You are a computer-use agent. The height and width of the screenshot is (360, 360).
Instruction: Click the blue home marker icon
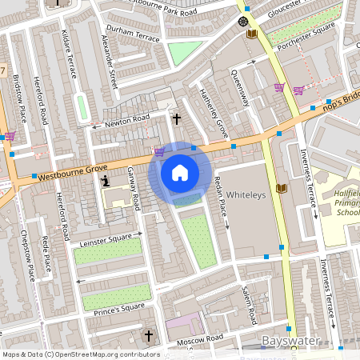(x=180, y=172)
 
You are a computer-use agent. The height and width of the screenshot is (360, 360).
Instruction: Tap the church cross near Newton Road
(x=177, y=118)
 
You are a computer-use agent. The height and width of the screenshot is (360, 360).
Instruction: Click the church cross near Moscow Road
(x=148, y=334)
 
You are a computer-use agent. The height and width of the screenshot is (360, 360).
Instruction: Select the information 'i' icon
(x=106, y=182)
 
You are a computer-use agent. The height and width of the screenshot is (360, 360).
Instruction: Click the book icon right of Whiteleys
(x=280, y=188)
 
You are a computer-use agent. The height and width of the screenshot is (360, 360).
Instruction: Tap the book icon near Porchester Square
(x=252, y=34)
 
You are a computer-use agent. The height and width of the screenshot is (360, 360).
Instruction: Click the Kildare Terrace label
(x=69, y=54)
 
